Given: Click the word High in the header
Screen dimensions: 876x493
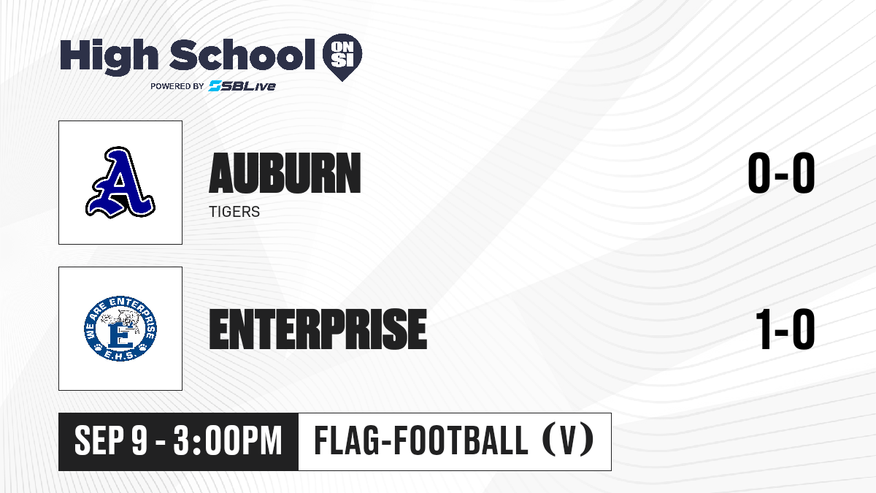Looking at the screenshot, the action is point(109,56).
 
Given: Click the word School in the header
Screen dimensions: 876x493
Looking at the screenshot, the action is point(242,55).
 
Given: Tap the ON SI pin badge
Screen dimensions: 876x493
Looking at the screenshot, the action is point(342,57).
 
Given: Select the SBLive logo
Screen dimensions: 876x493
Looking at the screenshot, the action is point(242,85).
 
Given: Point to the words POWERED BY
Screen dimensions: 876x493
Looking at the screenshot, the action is point(177,86).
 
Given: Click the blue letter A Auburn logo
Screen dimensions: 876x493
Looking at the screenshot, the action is point(120,183).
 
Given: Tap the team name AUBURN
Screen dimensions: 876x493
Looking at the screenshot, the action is point(285,173).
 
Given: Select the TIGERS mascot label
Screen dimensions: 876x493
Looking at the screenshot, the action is point(234,212).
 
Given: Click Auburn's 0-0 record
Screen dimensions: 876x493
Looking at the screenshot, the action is point(781,173).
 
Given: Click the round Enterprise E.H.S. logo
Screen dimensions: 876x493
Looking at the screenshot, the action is point(120,328).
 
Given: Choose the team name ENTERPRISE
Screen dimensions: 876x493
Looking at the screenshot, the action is point(318,329).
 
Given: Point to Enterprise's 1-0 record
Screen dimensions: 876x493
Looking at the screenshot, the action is point(785,329).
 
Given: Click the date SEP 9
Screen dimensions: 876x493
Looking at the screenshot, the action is point(111,441).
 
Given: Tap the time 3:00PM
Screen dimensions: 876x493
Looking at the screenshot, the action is point(228,441).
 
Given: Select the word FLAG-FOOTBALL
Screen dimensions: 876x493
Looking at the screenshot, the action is point(420,440).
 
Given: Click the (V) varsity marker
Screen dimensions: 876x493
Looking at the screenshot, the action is point(568,440).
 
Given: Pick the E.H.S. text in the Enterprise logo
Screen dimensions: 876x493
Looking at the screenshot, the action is point(120,355).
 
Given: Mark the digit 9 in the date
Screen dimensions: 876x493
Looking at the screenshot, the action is point(139,441).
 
